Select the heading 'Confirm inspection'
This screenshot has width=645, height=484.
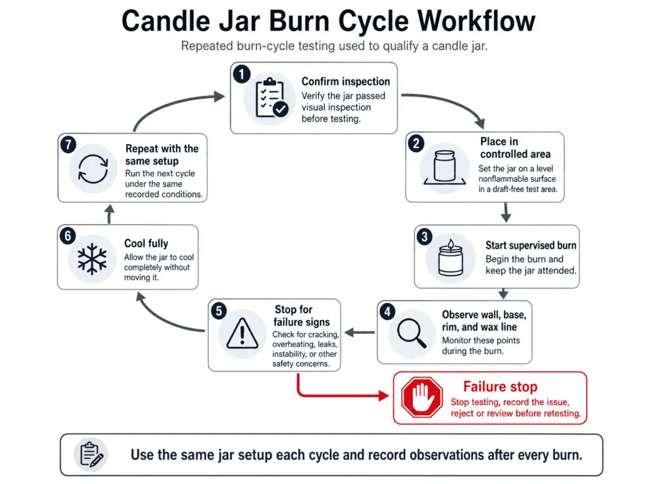click(345, 81)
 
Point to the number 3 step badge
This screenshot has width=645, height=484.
click(425, 237)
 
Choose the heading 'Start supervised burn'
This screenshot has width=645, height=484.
click(530, 245)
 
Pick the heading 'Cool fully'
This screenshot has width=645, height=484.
click(146, 243)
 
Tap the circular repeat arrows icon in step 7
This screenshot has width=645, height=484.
click(93, 170)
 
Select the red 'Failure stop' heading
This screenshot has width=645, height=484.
click(499, 387)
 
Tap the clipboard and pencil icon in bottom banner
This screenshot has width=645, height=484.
click(91, 454)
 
